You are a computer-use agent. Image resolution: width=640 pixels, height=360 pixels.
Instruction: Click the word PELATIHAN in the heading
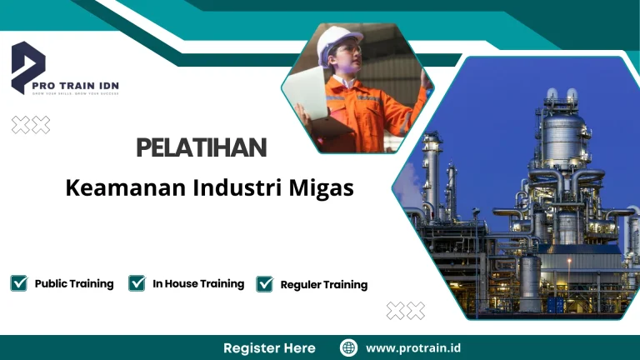click(202, 149)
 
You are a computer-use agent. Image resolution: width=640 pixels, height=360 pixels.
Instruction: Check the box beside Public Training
click(19, 283)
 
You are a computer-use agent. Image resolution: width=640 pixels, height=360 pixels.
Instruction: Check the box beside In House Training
click(137, 283)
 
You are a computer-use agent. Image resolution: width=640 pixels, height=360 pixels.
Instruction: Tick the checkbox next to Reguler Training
click(264, 284)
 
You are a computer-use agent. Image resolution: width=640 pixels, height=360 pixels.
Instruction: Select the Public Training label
click(74, 284)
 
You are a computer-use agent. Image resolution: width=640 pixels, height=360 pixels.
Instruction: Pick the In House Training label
click(198, 284)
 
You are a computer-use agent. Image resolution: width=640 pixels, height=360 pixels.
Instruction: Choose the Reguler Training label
click(324, 285)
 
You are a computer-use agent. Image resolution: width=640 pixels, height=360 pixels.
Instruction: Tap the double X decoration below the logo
click(31, 125)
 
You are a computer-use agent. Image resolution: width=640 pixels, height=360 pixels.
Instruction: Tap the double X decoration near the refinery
click(406, 311)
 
